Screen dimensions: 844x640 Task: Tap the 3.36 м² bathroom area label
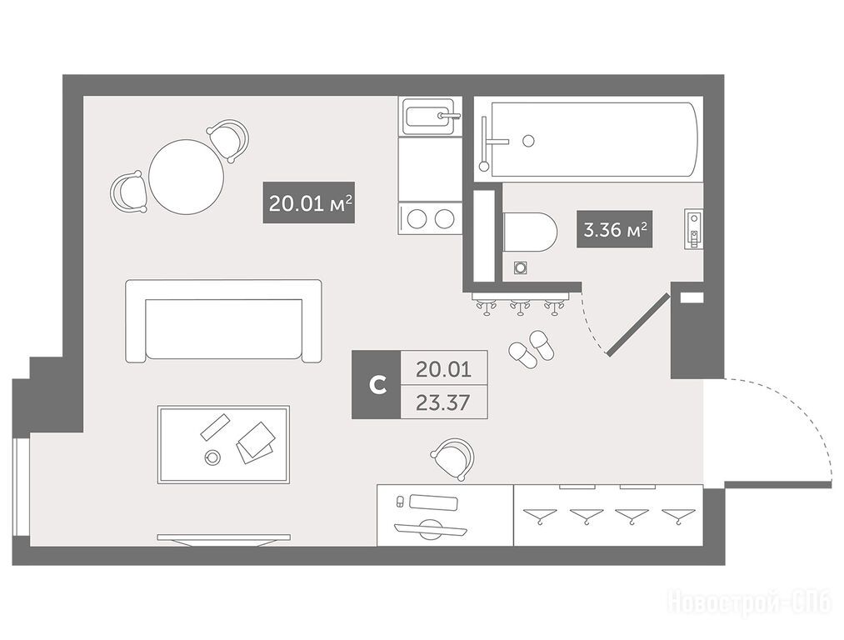(x=615, y=229)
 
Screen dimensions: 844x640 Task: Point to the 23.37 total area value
(x=444, y=402)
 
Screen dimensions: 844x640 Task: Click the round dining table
(x=187, y=177)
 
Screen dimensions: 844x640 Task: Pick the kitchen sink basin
(x=430, y=116)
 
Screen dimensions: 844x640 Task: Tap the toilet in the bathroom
(x=530, y=232)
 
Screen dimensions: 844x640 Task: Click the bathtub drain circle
(x=528, y=141)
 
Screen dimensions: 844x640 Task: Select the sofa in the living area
(x=223, y=321)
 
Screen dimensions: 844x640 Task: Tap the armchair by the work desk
(x=453, y=459)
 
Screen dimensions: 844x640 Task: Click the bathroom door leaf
(x=638, y=324)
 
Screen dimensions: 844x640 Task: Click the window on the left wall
(x=21, y=487)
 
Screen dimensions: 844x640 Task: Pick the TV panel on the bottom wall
(x=224, y=540)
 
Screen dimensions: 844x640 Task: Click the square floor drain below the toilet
(x=520, y=267)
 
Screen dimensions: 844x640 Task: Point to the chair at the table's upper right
(x=229, y=139)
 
